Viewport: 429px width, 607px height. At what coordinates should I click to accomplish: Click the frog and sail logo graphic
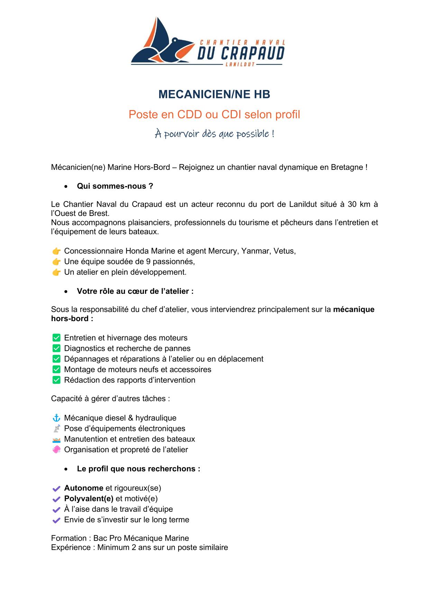point(163,43)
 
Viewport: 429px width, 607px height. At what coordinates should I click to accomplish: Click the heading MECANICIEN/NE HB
point(214,94)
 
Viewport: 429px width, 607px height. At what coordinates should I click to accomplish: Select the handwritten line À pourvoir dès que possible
point(214,134)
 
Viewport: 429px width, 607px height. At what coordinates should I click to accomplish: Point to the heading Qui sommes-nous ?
point(115,186)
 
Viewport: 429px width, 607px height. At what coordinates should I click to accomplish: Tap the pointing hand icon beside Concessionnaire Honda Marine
point(56,251)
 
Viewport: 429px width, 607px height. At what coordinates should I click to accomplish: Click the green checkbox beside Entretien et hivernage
point(56,338)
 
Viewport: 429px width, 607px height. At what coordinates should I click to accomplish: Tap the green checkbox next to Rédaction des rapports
point(56,380)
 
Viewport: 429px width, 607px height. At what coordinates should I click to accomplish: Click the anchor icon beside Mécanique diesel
point(56,418)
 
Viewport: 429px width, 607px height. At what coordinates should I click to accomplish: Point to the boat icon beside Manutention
point(56,440)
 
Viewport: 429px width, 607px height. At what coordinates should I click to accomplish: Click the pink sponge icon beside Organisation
point(56,450)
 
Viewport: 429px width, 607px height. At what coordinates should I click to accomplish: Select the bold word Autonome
point(84,488)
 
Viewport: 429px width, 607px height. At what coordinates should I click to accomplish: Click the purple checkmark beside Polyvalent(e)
point(56,499)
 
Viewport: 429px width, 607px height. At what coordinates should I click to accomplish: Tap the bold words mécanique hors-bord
point(353,309)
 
